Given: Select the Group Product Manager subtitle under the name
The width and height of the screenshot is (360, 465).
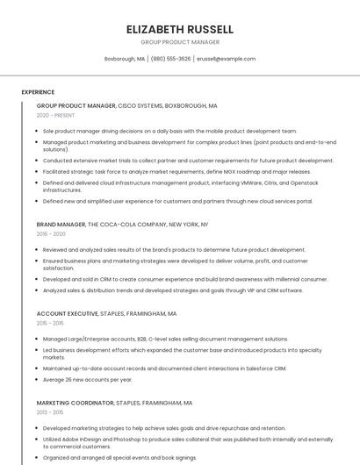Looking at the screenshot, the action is (x=180, y=41).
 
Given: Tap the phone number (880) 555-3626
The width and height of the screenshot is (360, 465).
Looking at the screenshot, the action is (x=170, y=59).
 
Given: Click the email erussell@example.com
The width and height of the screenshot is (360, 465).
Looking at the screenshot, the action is (x=226, y=59).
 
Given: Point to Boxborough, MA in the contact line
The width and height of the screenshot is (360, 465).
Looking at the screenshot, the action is (x=125, y=59).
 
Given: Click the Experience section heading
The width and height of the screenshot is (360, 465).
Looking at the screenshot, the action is (x=38, y=92).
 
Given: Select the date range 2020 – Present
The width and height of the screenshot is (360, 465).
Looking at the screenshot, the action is (x=54, y=115).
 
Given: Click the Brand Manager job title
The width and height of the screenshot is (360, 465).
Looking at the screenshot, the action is (x=61, y=225).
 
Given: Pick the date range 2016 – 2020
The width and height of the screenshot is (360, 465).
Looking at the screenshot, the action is (x=51, y=234).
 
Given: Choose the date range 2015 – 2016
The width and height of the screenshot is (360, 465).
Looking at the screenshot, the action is (x=50, y=323).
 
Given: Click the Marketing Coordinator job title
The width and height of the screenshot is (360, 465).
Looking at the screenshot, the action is (x=75, y=403).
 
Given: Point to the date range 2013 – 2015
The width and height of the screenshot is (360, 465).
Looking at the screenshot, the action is (x=50, y=412).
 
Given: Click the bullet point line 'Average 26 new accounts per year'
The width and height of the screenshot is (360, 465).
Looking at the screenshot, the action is (x=88, y=380).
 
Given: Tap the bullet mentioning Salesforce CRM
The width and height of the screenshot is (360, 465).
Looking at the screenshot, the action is (x=165, y=368).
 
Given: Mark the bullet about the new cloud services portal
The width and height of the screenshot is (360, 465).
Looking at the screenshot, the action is (x=177, y=201).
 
